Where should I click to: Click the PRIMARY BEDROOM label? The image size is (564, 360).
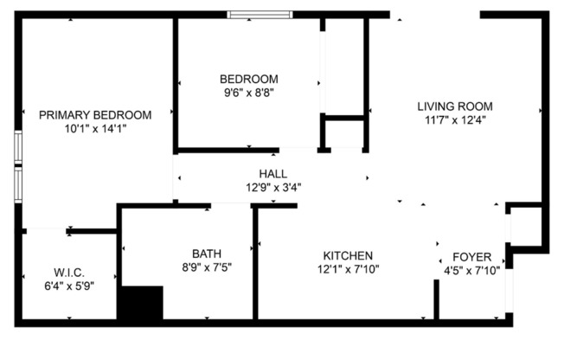pos(95,114)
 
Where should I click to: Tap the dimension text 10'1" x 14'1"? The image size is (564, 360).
pos(95,128)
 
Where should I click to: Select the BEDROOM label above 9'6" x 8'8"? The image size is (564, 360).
pos(248,78)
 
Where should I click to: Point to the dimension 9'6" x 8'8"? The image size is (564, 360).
pos(248,91)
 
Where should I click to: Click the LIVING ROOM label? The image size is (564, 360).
pos(455,106)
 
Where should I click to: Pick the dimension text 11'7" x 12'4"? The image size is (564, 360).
pos(455,120)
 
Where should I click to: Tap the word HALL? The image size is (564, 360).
pos(273,173)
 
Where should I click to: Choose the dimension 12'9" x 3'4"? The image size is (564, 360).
pos(273,186)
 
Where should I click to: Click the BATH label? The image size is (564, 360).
pos(207,254)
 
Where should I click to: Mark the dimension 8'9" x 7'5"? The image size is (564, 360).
pos(207,267)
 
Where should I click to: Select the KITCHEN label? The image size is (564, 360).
pos(348,255)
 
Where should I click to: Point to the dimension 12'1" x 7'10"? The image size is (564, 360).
pos(348,269)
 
